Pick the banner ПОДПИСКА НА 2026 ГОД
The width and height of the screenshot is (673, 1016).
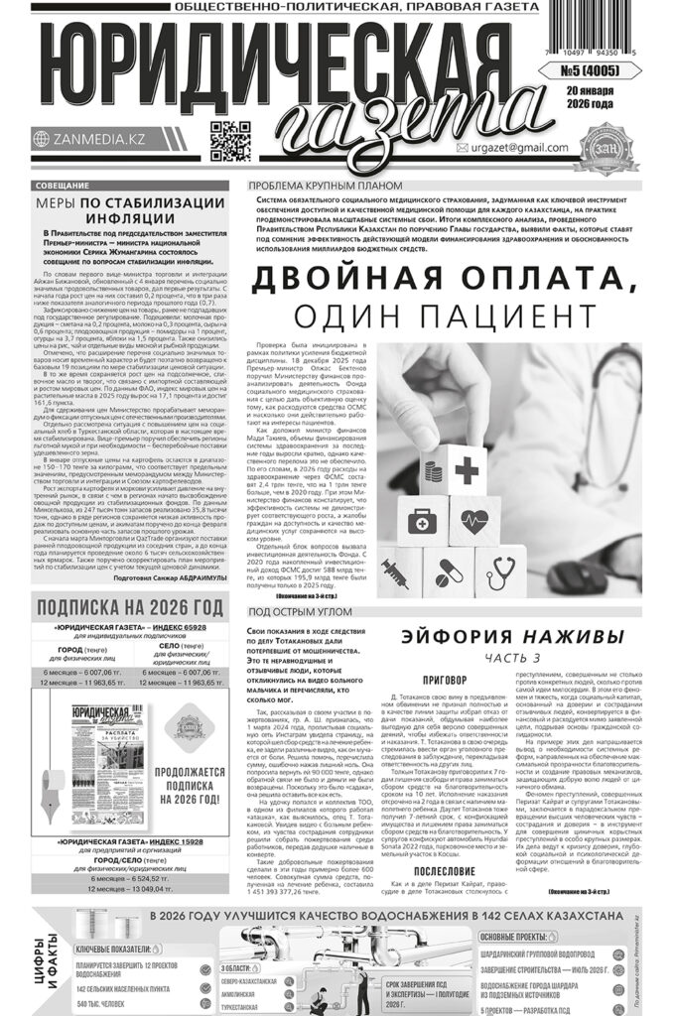coord(128,606)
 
